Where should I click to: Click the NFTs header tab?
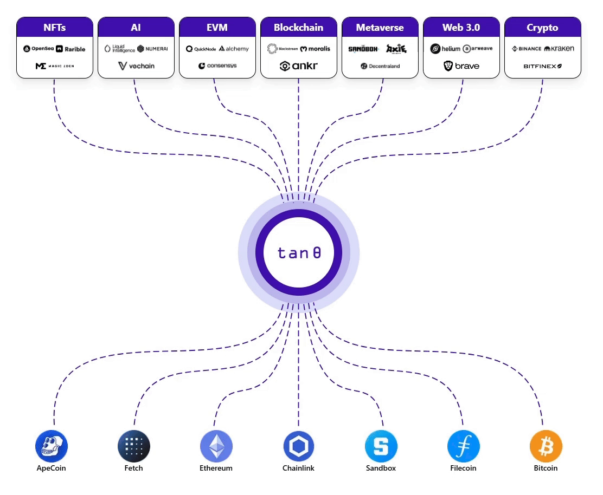tap(54, 27)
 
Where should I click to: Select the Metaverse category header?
tap(380, 27)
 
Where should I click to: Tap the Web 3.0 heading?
tap(461, 27)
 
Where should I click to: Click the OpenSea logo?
tap(39, 49)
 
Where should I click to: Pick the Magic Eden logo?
tap(54, 66)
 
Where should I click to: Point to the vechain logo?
tap(136, 66)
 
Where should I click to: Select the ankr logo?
tap(298, 66)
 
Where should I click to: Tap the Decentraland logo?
tap(380, 66)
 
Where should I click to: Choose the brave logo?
tap(461, 66)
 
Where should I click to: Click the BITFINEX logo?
tap(542, 66)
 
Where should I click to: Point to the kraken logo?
tap(559, 49)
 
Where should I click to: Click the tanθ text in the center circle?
tap(299, 253)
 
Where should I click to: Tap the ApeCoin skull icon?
tap(51, 446)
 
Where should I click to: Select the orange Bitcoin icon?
tap(546, 446)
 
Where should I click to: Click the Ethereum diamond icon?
tap(216, 446)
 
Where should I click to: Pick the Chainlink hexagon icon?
tap(298, 446)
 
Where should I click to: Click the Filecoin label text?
tap(463, 468)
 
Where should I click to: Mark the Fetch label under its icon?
tap(133, 468)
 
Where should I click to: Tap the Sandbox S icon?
tap(381, 446)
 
